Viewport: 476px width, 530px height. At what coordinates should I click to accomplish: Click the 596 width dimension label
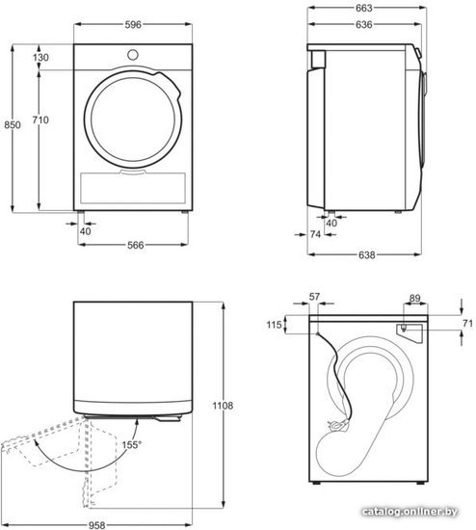(133, 25)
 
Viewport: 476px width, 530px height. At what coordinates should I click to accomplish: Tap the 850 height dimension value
(13, 125)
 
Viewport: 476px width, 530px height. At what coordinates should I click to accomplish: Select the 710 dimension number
(40, 120)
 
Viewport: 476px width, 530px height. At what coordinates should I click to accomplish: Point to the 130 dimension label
(40, 58)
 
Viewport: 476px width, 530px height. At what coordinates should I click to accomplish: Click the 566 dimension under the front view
(135, 245)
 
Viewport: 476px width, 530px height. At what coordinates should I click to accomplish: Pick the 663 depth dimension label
(364, 8)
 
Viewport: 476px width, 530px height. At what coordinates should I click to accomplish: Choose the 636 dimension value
(364, 25)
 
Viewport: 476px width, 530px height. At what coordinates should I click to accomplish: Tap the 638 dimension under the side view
(366, 254)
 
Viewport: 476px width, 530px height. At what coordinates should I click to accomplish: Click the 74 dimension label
(315, 234)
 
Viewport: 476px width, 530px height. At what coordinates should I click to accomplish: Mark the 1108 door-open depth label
(223, 406)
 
